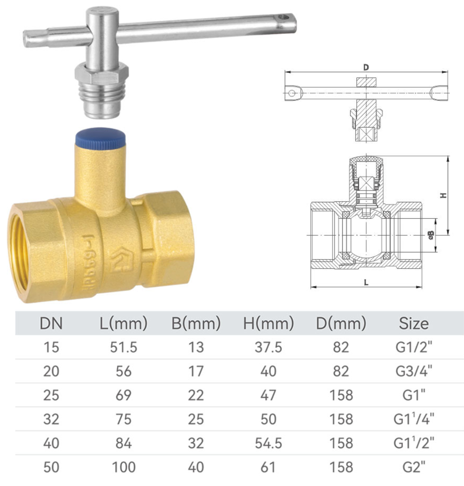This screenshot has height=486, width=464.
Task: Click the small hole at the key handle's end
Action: (286, 18)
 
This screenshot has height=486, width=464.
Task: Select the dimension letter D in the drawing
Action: (366, 68)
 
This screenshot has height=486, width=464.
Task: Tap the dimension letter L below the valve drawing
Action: (366, 283)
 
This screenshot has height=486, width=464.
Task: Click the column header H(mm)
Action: (268, 324)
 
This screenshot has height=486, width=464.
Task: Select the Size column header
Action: (413, 324)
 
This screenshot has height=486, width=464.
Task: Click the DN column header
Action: (51, 324)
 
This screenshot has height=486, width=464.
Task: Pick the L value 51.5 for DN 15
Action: (123, 348)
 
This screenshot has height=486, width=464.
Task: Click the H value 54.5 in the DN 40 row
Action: (268, 443)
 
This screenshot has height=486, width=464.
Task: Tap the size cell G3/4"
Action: (413, 371)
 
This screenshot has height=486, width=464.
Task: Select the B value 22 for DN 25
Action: (196, 395)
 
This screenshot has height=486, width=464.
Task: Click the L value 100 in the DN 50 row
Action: (123, 467)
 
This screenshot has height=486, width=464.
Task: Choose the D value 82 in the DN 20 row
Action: (341, 371)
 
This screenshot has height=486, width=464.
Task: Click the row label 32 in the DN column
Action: (51, 419)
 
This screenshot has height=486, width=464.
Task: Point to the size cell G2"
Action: (413, 467)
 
